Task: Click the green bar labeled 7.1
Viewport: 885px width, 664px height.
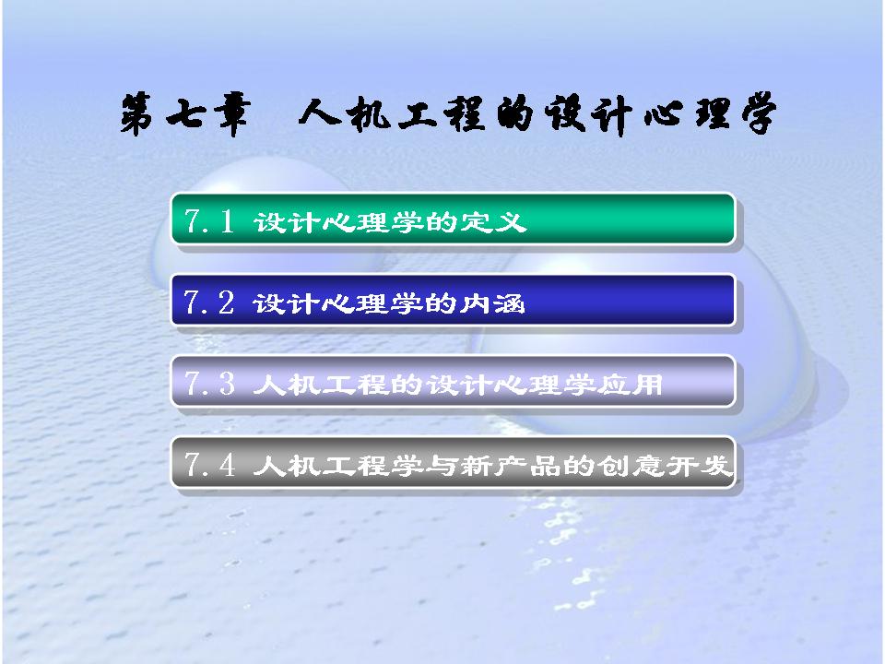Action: (453, 219)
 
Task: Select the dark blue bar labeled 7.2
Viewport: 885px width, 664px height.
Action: (453, 301)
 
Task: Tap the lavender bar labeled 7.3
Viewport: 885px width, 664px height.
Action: (453, 382)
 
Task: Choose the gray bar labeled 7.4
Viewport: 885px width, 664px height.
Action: (453, 463)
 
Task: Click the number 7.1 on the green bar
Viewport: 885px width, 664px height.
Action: (209, 220)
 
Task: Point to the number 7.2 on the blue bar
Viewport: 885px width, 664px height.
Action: (209, 302)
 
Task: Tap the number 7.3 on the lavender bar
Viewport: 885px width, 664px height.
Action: (209, 383)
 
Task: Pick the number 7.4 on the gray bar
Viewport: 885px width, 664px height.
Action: (209, 465)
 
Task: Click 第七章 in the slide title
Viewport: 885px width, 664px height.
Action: (184, 113)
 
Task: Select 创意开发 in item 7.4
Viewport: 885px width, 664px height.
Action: (666, 466)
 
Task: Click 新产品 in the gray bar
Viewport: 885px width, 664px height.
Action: (511, 466)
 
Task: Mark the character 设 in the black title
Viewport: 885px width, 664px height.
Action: (564, 113)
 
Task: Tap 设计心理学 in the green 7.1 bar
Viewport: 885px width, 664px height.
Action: (338, 221)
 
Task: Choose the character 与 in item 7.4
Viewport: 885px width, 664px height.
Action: (441, 466)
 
